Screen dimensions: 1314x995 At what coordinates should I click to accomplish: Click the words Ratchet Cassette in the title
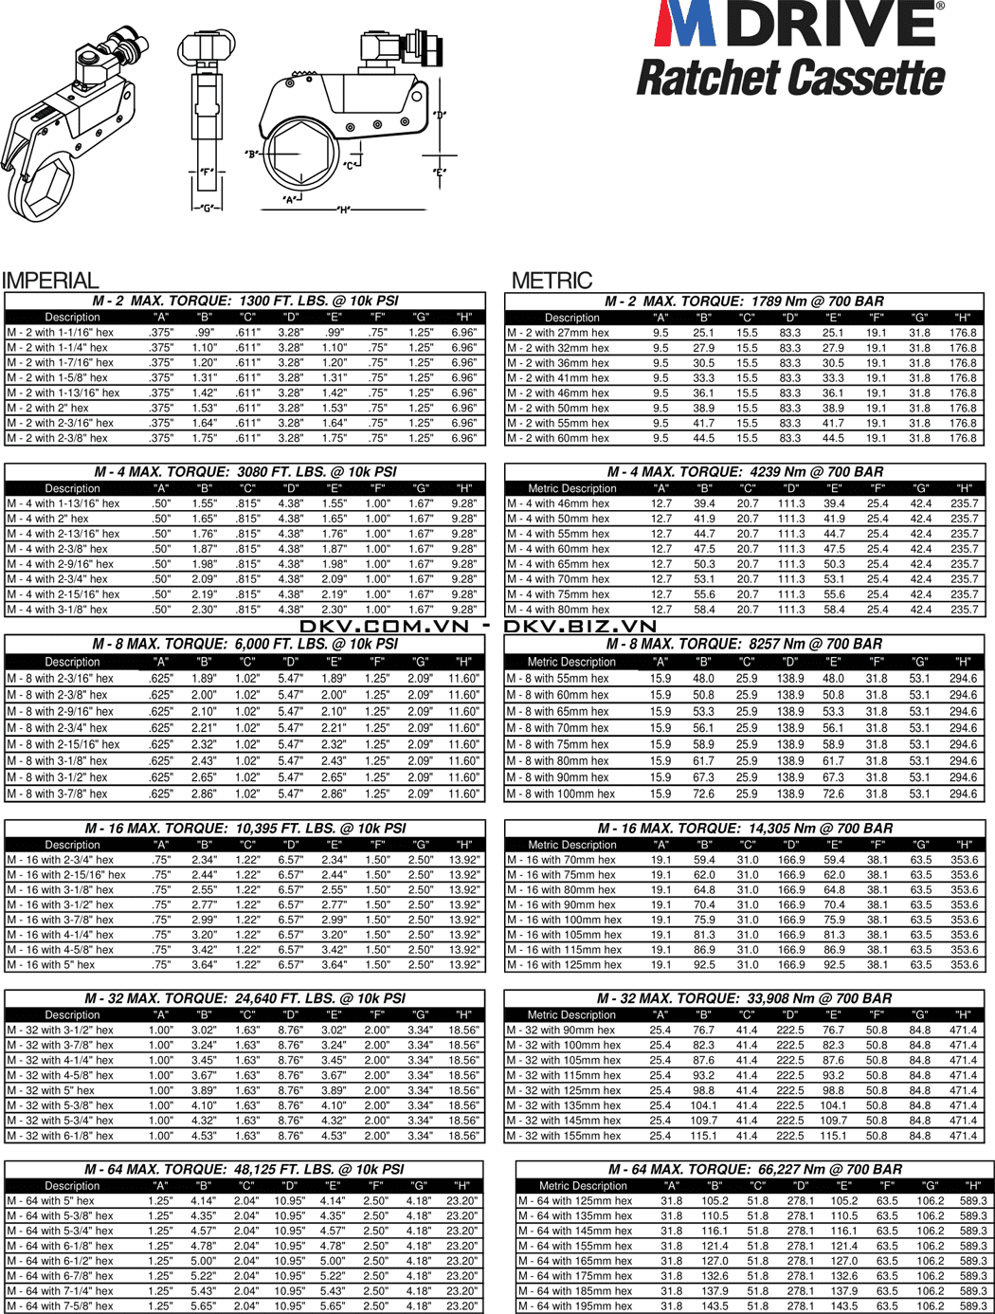(790, 78)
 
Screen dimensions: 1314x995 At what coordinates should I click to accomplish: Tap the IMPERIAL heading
(50, 281)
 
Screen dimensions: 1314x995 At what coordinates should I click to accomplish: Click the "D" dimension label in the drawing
(439, 116)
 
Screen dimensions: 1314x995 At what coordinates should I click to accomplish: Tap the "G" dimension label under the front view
(208, 208)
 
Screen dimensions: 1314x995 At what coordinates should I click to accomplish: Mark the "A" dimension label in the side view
(290, 199)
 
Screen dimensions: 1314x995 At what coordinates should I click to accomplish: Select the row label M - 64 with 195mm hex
(574, 1305)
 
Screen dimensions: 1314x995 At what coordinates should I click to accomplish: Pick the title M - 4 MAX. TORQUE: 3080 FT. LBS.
(245, 471)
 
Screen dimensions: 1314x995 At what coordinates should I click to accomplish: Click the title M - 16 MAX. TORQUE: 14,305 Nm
(745, 828)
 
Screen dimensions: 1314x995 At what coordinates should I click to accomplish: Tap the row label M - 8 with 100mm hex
(560, 794)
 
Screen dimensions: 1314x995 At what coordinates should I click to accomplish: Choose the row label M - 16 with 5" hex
(51, 964)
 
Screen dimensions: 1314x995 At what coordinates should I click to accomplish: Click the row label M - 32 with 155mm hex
(564, 1135)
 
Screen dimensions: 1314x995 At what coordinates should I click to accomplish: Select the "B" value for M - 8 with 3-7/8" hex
(204, 794)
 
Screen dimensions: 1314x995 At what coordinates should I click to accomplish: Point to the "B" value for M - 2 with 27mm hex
(703, 333)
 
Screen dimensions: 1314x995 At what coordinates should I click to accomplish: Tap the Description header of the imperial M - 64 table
(72, 1185)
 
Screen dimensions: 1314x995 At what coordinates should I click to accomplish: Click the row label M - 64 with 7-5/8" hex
(60, 1305)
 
